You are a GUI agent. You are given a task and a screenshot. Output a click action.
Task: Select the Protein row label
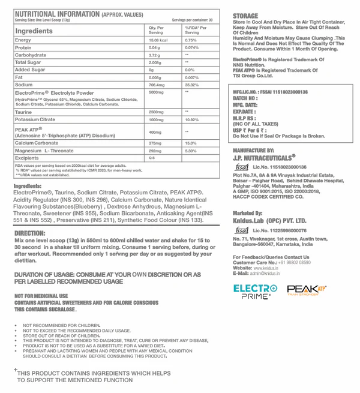[x=23, y=47]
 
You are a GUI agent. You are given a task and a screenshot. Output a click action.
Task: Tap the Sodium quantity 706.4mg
[x=158, y=85]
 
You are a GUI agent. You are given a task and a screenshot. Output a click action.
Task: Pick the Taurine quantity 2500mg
[x=157, y=112]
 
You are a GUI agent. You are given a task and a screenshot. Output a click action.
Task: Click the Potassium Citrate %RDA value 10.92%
[x=192, y=120]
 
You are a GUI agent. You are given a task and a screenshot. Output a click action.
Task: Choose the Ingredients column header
[x=38, y=30]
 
